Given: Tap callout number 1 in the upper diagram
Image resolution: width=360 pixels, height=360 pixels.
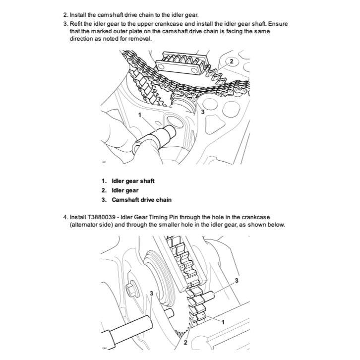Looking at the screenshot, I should point(141,115).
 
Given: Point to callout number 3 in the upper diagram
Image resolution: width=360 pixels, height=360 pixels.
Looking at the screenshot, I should point(202,112).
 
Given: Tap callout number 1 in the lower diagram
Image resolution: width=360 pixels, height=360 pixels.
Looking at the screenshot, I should point(222,322).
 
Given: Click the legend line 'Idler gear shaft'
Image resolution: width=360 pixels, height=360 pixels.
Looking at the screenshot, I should point(127,180).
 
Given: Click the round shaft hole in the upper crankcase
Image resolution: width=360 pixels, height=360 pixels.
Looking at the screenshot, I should point(174,121).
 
